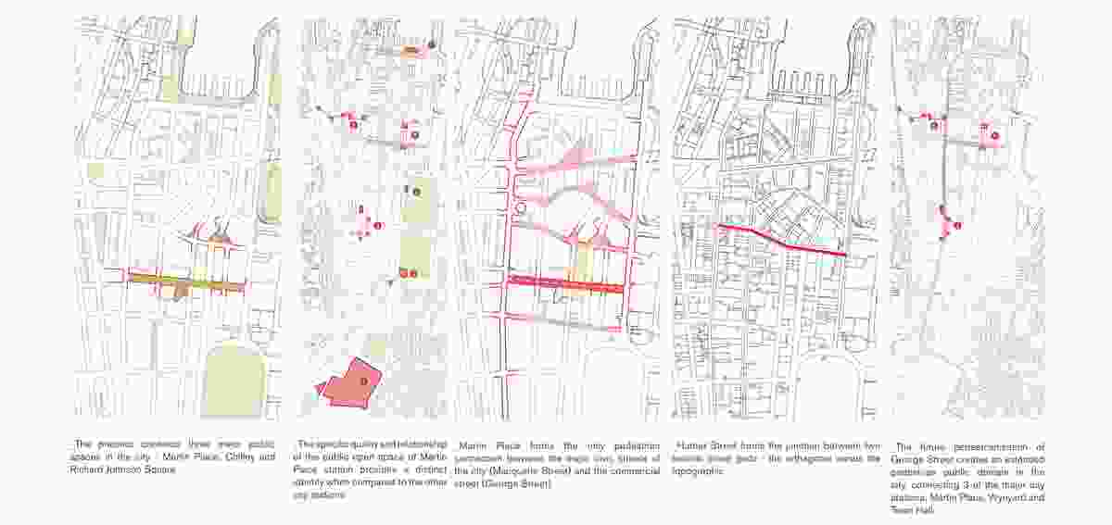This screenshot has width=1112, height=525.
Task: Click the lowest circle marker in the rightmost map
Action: [957, 225]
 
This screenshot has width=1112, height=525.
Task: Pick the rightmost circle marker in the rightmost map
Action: [994, 135]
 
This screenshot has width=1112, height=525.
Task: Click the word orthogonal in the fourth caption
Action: [804, 457]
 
